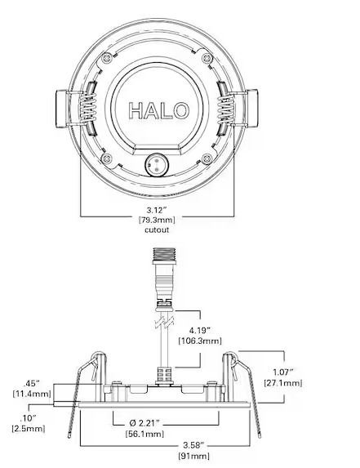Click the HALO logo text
pos(158,110)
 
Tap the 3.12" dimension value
pos(157,210)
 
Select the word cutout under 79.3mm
pos(157,230)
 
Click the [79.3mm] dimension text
pos(157,220)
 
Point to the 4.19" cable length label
pos(200,330)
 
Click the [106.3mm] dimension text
pos(200,341)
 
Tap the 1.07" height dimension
pos(283,372)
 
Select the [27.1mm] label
pos(283,382)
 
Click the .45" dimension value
pos(32,383)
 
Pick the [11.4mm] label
pos(32,394)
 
